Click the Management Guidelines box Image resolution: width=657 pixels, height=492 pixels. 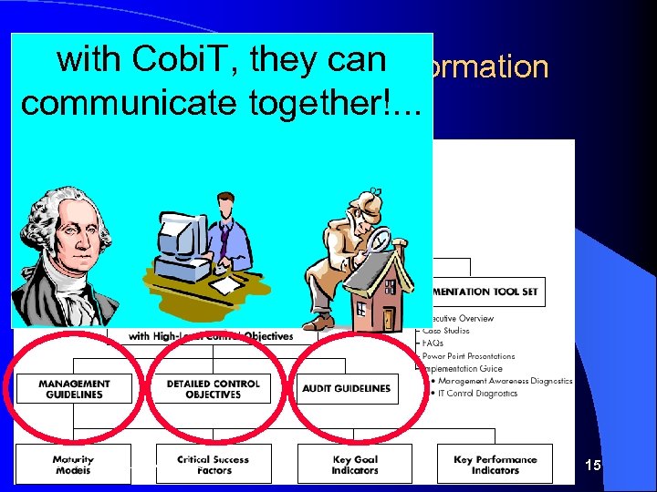click(x=75, y=389)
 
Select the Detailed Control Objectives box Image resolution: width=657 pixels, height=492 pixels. click(x=214, y=389)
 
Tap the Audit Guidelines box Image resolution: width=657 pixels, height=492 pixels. click(x=347, y=388)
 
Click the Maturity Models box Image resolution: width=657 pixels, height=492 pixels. click(x=73, y=465)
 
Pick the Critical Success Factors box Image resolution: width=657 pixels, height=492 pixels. click(x=213, y=465)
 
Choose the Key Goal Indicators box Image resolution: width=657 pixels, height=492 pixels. click(x=355, y=465)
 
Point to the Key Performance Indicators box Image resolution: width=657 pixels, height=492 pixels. click(x=495, y=465)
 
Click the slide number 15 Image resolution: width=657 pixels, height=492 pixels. click(x=593, y=466)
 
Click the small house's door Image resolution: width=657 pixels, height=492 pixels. click(x=388, y=318)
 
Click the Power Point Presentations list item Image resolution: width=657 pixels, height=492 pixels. click(x=470, y=356)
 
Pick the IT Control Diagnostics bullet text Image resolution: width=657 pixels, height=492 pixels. click(x=478, y=394)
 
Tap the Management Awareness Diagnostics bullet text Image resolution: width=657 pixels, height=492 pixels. click(x=503, y=381)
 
